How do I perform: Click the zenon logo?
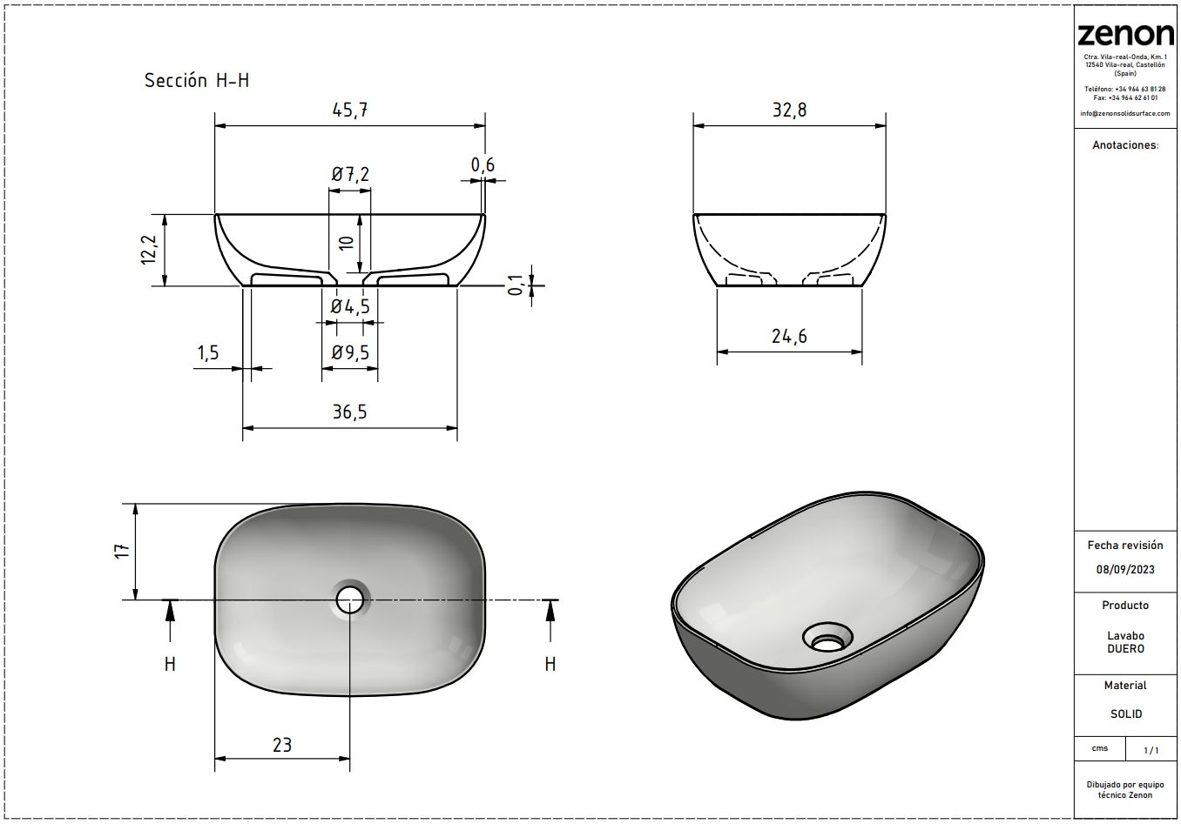[1125, 35]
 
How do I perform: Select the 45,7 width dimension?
[350, 111]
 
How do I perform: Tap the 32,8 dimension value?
[789, 111]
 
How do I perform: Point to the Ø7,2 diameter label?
[350, 174]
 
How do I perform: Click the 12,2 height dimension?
[149, 250]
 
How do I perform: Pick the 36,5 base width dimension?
[349, 412]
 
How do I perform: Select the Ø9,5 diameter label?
[350, 352]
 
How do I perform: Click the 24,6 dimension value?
[789, 336]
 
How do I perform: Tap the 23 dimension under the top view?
[282, 745]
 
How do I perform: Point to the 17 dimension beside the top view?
[122, 551]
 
